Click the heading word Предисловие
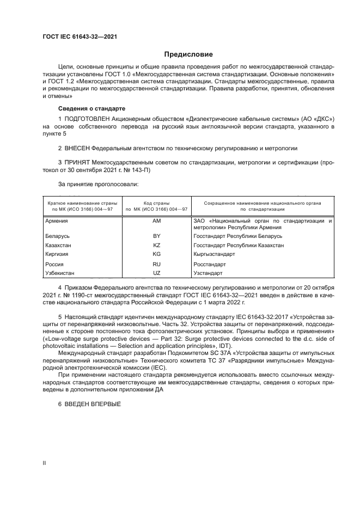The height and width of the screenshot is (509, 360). coord(188,54)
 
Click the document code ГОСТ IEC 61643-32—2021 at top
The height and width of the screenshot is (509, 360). coord(80,37)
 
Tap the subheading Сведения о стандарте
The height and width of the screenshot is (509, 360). coord(91,108)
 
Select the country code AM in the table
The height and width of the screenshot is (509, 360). coord(157,221)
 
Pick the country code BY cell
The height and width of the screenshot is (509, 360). coord(157,237)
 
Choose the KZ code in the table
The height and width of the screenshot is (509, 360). coord(157,246)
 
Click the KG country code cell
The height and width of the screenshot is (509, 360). coord(157,254)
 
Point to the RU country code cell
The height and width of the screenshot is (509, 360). coord(157,263)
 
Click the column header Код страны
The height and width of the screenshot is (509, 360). coord(157,203)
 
